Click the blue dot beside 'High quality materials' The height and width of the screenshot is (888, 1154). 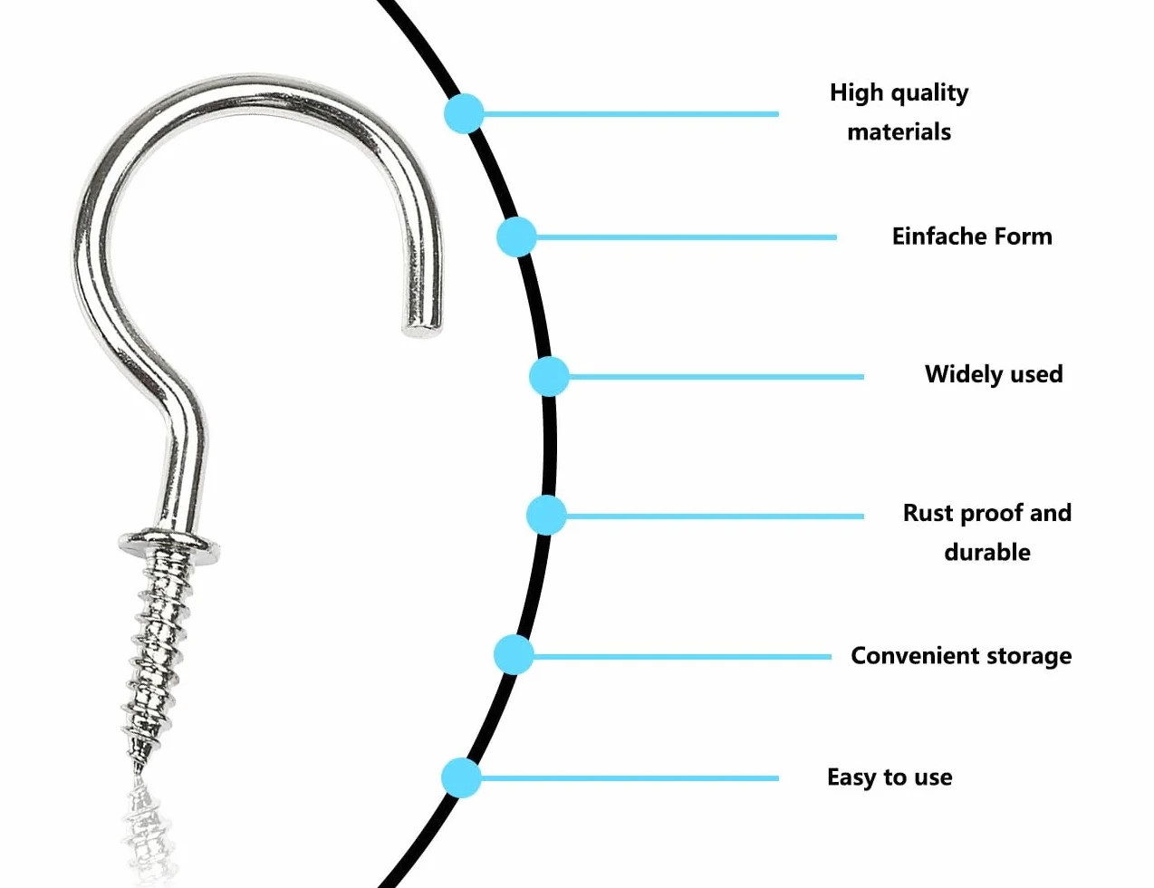464,113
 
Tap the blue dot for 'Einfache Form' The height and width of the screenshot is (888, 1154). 516,236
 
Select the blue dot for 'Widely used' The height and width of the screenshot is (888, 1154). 549,377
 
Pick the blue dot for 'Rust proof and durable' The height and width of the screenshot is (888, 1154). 546,516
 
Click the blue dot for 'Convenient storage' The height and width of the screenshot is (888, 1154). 514,655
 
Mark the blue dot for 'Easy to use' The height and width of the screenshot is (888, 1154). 461,777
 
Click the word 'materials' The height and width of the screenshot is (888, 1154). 899,131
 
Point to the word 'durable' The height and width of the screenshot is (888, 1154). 987,553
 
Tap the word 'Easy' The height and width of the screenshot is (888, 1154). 851,777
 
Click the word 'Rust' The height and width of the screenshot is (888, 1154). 928,513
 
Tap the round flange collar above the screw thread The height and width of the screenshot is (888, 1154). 168,543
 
